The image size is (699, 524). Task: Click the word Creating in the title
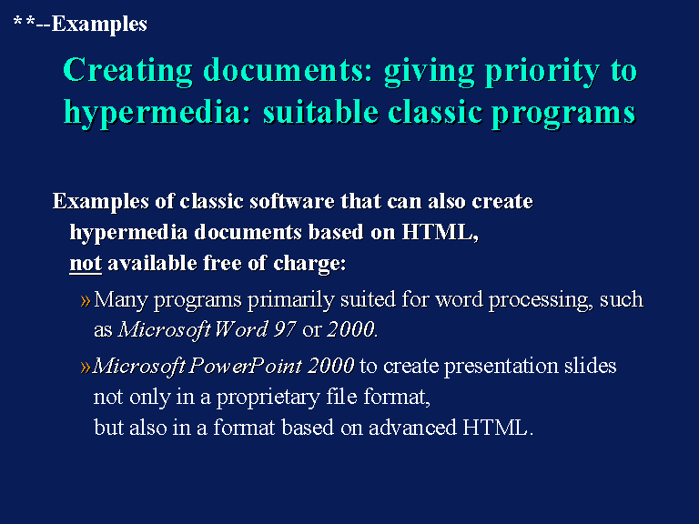[x=128, y=71]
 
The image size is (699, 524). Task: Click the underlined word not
[x=86, y=263]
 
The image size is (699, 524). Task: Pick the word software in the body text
[x=292, y=201]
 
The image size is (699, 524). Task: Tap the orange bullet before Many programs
[x=86, y=300]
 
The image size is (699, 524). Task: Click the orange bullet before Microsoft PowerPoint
[x=86, y=368]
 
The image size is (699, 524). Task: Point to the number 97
[x=285, y=329]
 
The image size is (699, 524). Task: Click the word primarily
[x=290, y=300]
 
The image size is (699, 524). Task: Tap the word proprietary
[x=268, y=398]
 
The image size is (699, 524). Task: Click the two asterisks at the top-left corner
[x=24, y=21]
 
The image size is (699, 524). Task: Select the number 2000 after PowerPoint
[x=330, y=367]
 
